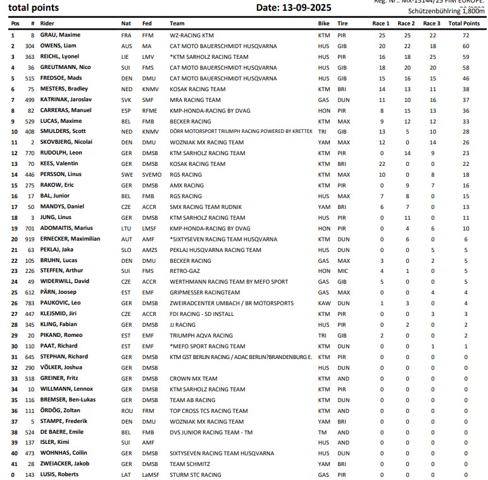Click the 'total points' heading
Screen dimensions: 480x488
34,8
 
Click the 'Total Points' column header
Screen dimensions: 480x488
463,23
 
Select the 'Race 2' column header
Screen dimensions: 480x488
406,23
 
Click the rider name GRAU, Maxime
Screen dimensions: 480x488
60,35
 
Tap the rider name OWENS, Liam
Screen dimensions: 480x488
58,46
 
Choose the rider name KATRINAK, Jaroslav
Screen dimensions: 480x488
66,99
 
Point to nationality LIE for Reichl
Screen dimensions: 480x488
126,57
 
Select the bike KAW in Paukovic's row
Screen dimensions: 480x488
323,303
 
